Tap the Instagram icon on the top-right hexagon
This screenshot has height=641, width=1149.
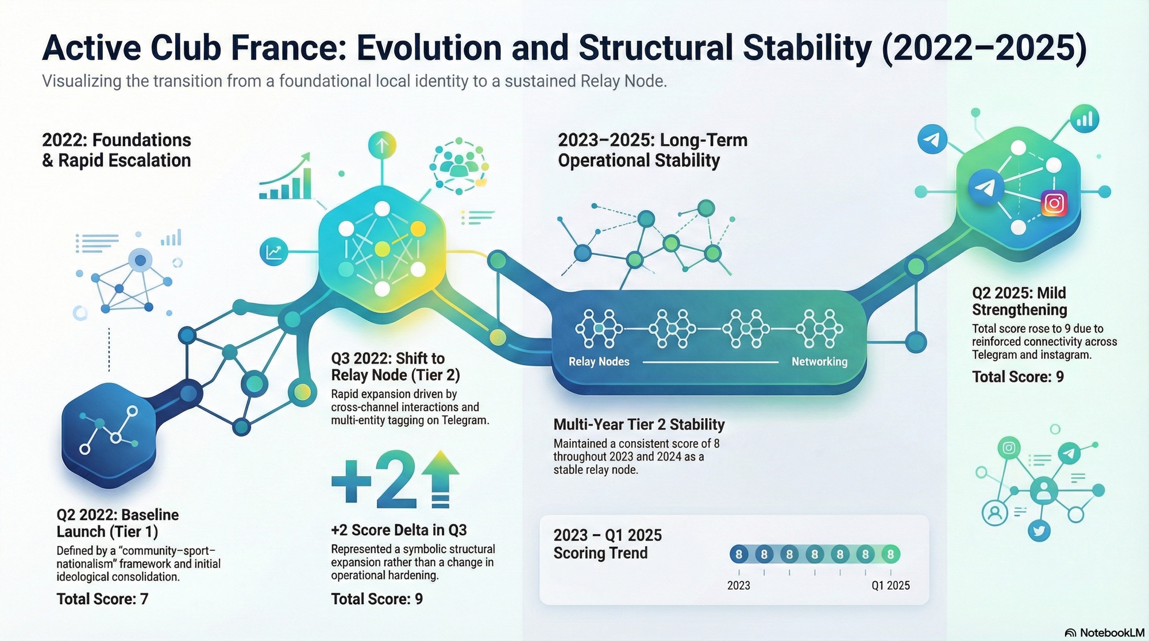(1054, 203)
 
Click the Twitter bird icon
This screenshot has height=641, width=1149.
(1039, 530)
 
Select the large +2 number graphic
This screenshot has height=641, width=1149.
(374, 480)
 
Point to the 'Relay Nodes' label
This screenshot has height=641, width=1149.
(599, 362)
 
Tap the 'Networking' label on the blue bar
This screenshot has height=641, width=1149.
(819, 362)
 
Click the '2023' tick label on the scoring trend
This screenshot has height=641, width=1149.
(738, 585)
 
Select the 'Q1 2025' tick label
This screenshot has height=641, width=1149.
(890, 585)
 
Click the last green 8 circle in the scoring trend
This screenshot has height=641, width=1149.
(890, 554)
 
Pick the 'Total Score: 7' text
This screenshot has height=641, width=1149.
(102, 599)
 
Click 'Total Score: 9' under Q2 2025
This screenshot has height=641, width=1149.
(1017, 377)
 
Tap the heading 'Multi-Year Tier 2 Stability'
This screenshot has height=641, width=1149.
(639, 424)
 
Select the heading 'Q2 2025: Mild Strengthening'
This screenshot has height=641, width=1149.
(1019, 302)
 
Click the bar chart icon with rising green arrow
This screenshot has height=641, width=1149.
(286, 176)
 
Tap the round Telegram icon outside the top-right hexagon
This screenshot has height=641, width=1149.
(932, 140)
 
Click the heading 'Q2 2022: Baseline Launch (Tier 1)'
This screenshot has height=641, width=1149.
(117, 523)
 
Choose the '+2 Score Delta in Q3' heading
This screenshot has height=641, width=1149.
(399, 530)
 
